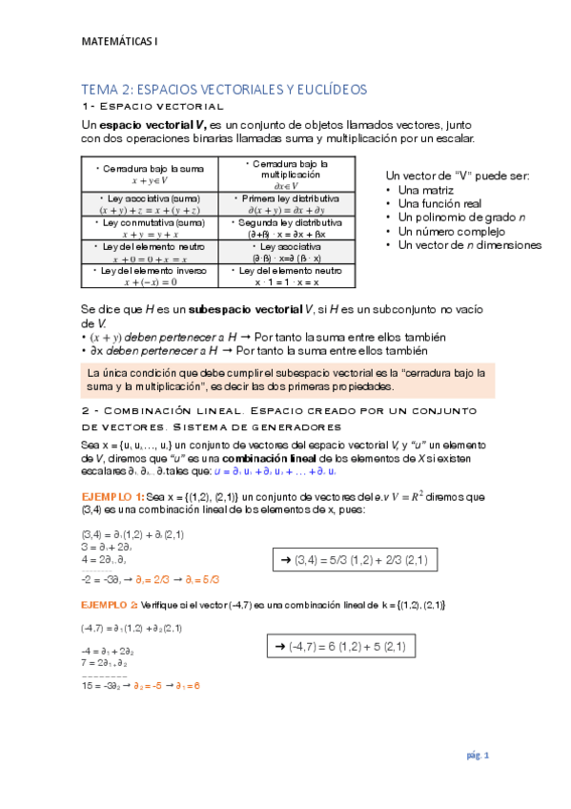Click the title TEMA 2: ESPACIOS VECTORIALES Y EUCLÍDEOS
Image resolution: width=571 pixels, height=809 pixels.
(224, 89)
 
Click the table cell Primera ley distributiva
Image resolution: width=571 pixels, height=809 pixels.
(285, 203)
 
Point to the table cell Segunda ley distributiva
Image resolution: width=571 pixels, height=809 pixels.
(285, 227)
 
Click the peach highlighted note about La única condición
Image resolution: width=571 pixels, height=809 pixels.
(287, 380)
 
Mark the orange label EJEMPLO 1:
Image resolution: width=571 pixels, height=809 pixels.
(112, 496)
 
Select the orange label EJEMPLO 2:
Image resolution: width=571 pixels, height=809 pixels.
(111, 605)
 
